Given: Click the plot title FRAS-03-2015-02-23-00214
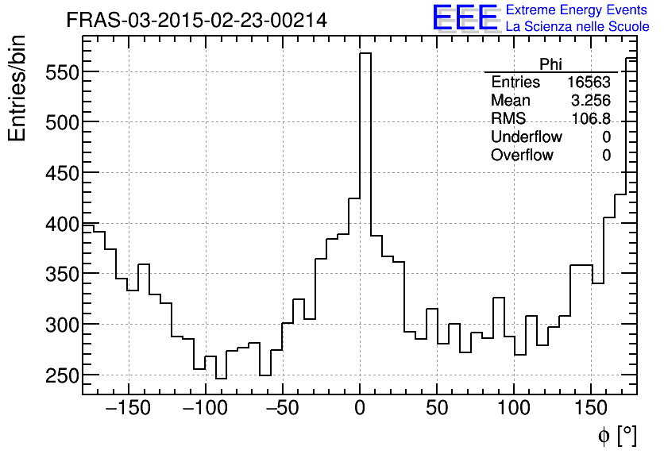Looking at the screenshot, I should pyautogui.click(x=196, y=21).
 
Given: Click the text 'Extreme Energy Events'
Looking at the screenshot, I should pyautogui.click(x=577, y=10).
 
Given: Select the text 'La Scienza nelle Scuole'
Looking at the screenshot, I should pyautogui.click(x=577, y=27).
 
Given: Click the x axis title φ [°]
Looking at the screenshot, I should pyautogui.click(x=616, y=435).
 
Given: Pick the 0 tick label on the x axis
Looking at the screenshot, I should pyautogui.click(x=360, y=409).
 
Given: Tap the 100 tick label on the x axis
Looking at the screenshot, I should pyautogui.click(x=514, y=409).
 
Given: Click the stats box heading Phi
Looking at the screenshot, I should pyautogui.click(x=550, y=64).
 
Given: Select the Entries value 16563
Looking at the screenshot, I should pyautogui.click(x=589, y=83).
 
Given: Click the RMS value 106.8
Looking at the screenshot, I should pyautogui.click(x=591, y=119).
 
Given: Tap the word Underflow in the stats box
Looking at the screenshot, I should pyautogui.click(x=526, y=137).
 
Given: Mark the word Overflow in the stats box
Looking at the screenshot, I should pyautogui.click(x=522, y=156).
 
